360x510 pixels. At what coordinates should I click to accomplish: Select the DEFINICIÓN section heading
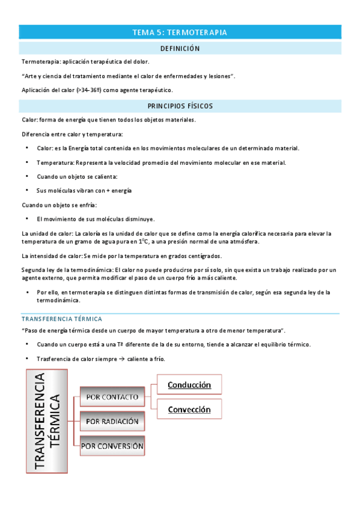pyautogui.click(x=180, y=48)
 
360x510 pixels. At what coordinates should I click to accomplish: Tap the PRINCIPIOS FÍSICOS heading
pyautogui.click(x=180, y=106)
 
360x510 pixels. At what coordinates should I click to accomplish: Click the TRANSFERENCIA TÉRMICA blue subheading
pyautogui.click(x=61, y=319)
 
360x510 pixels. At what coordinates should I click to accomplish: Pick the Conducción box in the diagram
pyautogui.click(x=189, y=384)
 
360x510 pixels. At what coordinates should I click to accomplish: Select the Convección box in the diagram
pyautogui.click(x=189, y=410)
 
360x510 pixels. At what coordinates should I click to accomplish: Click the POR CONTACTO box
pyautogui.click(x=112, y=397)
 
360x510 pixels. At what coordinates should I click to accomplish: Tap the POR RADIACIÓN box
pyautogui.click(x=112, y=422)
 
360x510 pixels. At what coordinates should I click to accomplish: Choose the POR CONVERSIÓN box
pyautogui.click(x=112, y=446)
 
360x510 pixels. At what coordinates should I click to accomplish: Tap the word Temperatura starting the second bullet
pyautogui.click(x=54, y=162)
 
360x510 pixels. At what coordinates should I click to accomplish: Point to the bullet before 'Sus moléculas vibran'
pyautogui.click(x=27, y=191)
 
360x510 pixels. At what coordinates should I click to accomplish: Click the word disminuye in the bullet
pyautogui.click(x=140, y=219)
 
